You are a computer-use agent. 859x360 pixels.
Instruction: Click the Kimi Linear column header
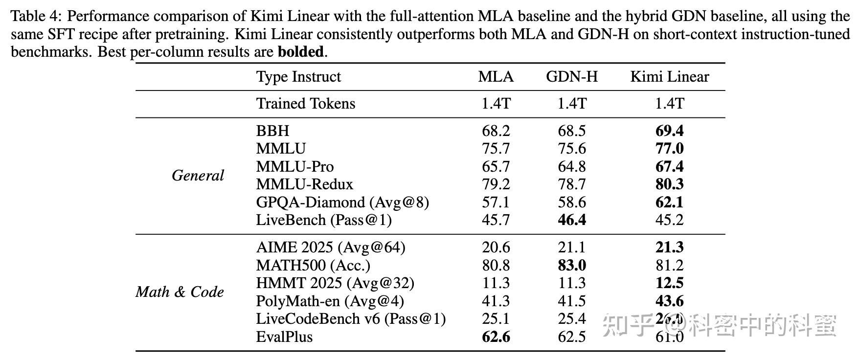669,77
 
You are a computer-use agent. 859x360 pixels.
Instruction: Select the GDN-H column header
572,77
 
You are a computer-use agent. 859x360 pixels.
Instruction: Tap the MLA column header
496,77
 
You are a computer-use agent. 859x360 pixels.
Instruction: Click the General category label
198,176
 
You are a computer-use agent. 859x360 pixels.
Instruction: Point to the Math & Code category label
180,292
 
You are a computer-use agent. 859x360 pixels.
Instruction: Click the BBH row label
272,131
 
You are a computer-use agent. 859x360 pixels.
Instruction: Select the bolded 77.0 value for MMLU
669,149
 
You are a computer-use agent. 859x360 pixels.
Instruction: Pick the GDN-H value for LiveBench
572,220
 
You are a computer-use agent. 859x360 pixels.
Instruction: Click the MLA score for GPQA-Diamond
496,202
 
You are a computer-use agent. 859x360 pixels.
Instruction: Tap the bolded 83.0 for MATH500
572,265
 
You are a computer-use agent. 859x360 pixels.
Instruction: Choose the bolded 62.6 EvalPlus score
496,337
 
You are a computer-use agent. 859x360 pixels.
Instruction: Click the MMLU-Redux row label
304,184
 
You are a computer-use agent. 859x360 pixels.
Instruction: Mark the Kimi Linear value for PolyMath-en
669,301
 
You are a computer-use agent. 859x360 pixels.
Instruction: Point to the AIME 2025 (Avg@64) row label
331,247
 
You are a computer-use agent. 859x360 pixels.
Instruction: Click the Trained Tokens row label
306,104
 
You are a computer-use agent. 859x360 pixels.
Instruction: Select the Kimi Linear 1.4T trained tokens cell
669,104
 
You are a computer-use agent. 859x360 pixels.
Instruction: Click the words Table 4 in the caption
35,17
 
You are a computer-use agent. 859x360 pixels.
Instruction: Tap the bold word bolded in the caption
300,52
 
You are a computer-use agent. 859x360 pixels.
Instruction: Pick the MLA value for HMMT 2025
496,283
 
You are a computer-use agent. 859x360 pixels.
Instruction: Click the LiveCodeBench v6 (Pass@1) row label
351,319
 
